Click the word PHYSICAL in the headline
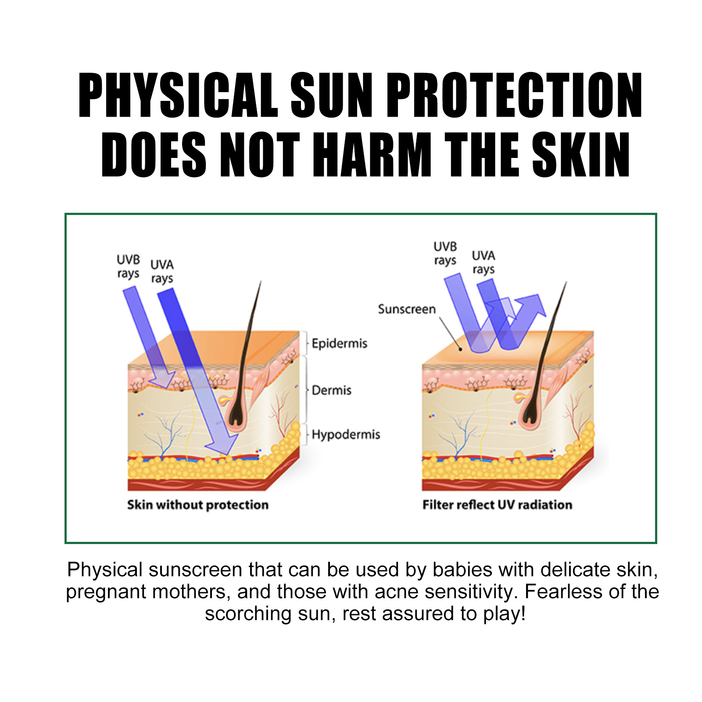coord(178,95)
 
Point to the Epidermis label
coord(339,343)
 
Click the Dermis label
coord(331,390)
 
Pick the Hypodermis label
coord(346,434)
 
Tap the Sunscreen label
coord(407,309)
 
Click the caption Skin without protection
coord(198,505)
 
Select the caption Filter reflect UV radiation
coord(497,505)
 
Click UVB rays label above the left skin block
coord(128,266)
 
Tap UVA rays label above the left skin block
coord(162,271)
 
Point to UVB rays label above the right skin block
coord(445,253)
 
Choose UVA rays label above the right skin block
coord(484,262)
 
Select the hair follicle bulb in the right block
coord(530,412)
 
